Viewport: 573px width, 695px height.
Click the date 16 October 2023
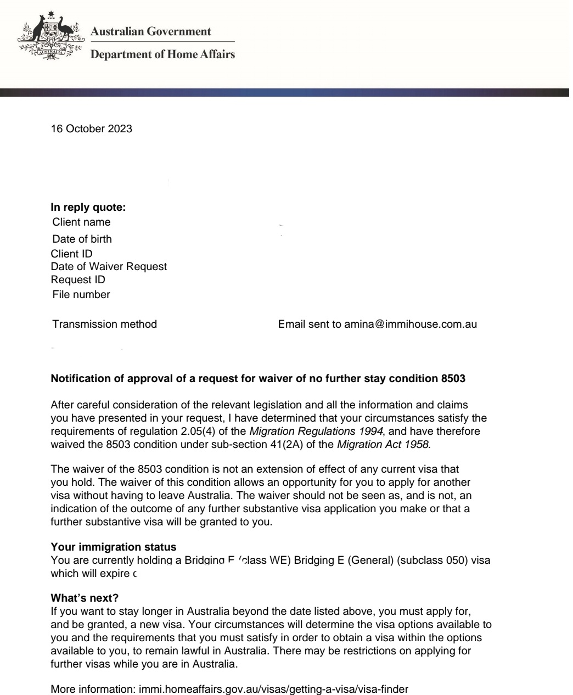(91, 130)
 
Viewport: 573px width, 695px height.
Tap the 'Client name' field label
(81, 222)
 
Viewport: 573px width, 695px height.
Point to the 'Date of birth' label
(82, 239)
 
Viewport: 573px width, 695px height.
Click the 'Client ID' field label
(71, 254)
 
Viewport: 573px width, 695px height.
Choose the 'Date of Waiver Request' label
(109, 267)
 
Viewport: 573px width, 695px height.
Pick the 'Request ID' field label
(78, 279)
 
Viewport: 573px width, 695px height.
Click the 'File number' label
(81, 295)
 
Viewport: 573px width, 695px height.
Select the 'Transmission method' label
(104, 324)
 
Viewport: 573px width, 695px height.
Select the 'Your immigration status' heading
(114, 547)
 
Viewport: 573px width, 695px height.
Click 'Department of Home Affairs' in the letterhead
(162, 54)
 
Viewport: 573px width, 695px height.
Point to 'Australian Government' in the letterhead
(150, 31)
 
